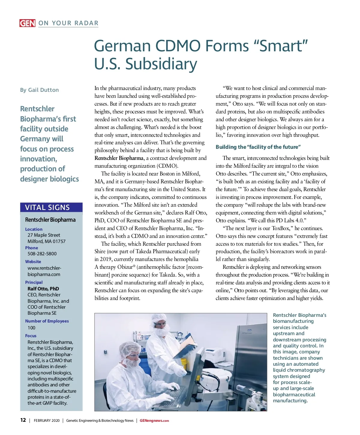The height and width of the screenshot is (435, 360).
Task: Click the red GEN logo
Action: pos(27,23)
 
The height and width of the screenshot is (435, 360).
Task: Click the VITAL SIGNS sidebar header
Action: pos(47,207)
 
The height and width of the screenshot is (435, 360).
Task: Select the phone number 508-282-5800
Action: pos(42,253)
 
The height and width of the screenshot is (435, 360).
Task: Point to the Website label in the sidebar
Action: pos(33,262)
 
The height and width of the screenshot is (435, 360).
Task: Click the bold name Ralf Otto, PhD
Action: pos(43,289)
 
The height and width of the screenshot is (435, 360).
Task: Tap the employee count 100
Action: pos(31,328)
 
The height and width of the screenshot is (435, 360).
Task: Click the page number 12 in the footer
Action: pos(23,420)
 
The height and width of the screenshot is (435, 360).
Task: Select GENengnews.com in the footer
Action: pos(154,421)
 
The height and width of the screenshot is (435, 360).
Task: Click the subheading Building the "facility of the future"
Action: pos(258,147)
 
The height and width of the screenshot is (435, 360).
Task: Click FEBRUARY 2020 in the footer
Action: pos(46,421)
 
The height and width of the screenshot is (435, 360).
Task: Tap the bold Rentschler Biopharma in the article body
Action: pos(119,158)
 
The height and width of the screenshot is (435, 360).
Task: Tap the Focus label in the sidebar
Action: pos(31,336)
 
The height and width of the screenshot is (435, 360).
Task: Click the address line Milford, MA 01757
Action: pos(46,241)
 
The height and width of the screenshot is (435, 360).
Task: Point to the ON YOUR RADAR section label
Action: pos(68,23)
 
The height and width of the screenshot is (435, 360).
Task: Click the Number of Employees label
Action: pos(47,321)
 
